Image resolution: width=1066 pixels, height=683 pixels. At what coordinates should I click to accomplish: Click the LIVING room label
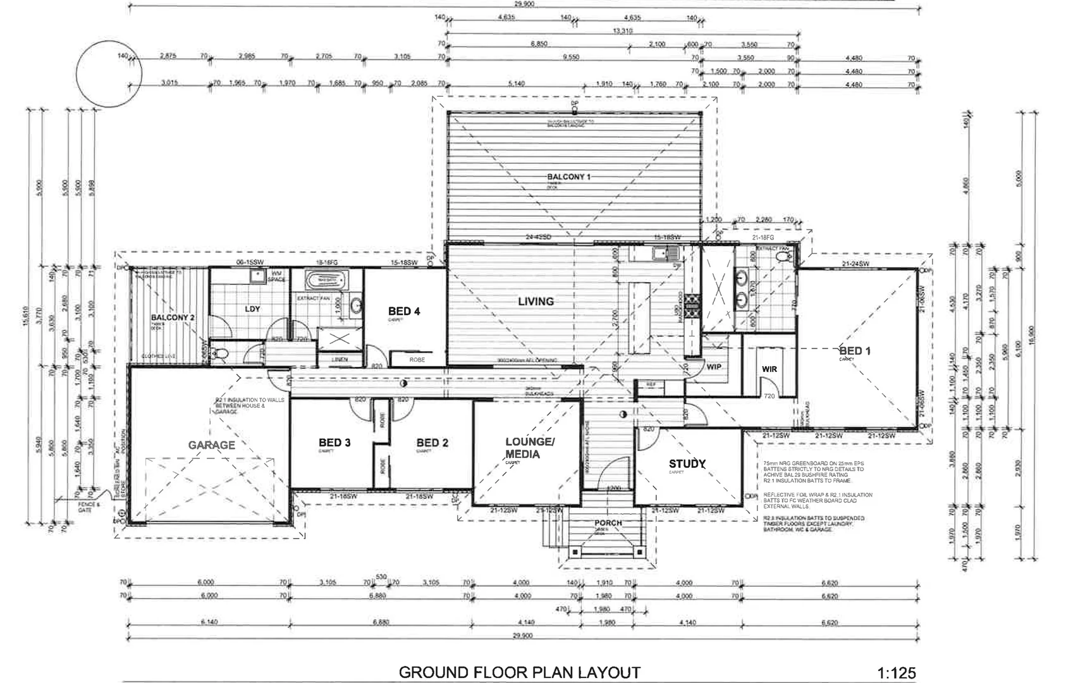[x=536, y=302]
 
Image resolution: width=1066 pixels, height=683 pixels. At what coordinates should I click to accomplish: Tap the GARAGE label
[x=211, y=445]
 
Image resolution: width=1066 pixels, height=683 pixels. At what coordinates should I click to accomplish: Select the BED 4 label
[x=403, y=311]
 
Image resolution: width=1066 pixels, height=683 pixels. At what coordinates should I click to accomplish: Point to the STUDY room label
[x=687, y=464]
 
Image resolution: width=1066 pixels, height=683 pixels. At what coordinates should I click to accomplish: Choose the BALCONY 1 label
[x=568, y=177]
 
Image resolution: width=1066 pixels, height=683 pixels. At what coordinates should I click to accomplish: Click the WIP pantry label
[x=714, y=367]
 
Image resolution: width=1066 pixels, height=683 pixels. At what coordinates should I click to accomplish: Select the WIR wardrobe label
[x=769, y=369]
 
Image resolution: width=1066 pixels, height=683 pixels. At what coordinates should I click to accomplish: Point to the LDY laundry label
[x=252, y=309]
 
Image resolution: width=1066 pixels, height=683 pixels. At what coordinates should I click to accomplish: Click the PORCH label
[x=608, y=523]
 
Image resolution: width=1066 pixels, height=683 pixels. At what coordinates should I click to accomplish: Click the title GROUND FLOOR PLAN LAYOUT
[x=519, y=672]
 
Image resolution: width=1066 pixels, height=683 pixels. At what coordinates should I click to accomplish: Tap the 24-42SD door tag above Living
[x=538, y=237]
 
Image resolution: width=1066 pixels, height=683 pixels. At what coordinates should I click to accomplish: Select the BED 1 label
[x=854, y=351]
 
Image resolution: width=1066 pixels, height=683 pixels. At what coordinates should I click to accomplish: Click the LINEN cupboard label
[x=340, y=360]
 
